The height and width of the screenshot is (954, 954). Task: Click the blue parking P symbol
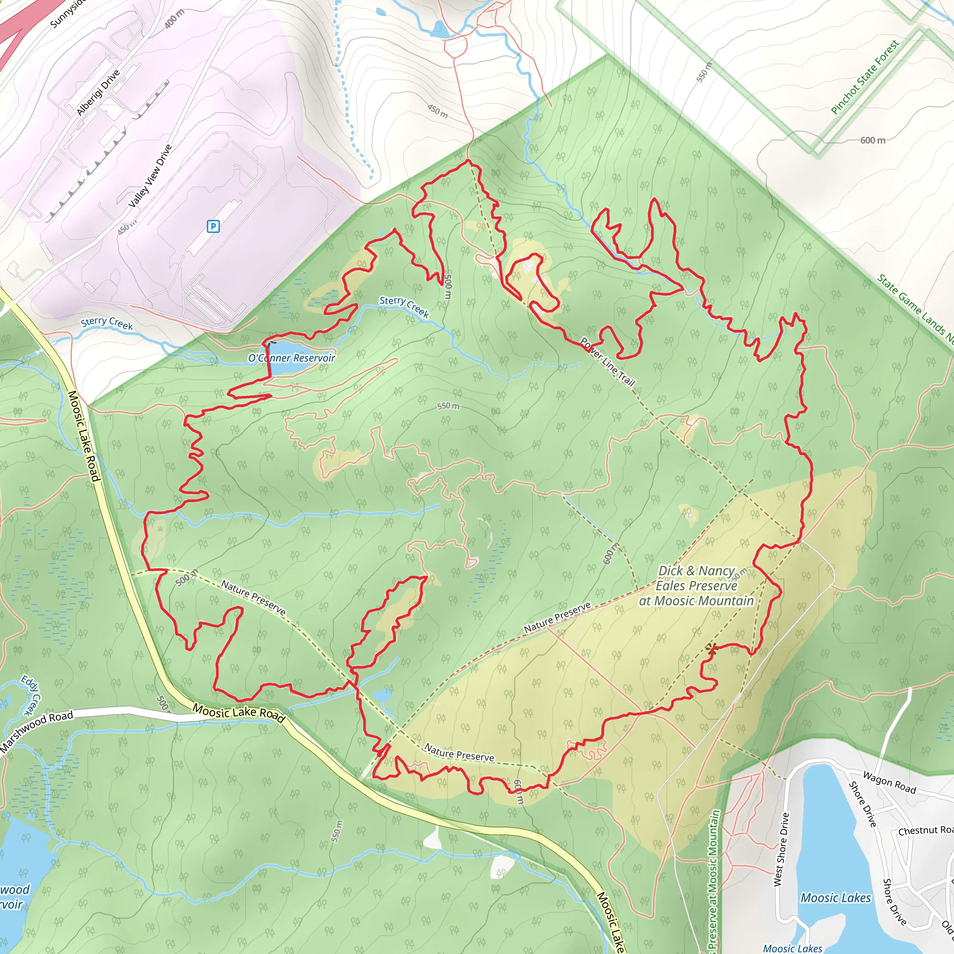point(213,226)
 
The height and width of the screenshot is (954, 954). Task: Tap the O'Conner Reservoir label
point(291,358)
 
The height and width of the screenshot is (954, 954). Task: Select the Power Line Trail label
point(607,362)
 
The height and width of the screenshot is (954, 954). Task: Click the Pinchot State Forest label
point(865,77)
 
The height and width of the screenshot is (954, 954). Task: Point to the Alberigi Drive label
point(98,92)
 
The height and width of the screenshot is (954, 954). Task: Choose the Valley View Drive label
point(150,176)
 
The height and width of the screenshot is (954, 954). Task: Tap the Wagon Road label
point(889,782)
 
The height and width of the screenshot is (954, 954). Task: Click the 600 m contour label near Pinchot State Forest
point(872,140)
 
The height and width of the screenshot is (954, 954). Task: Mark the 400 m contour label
point(174,19)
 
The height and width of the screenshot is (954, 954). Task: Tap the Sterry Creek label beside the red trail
point(404,307)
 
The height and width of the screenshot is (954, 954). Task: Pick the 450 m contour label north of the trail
point(437,111)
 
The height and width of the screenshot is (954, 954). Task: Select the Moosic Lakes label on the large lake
point(836,898)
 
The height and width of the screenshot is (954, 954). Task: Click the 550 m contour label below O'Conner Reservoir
point(448,406)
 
